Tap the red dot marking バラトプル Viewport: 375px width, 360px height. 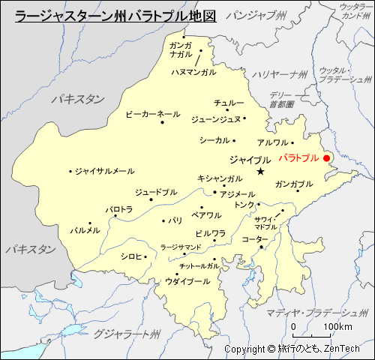(326, 157)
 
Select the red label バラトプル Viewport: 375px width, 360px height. (298, 157)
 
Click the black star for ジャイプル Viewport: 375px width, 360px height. (260, 172)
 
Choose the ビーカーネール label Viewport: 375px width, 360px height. (152, 114)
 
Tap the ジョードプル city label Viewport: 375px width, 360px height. (156, 192)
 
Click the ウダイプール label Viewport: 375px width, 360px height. (187, 281)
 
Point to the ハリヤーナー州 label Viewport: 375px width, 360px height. (280, 73)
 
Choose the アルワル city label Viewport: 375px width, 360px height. (272, 142)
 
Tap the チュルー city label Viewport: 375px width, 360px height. (228, 102)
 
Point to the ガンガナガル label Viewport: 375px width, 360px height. (180, 49)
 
